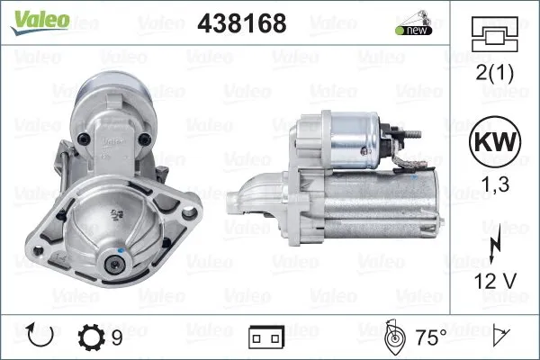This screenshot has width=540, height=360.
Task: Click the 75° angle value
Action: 429,337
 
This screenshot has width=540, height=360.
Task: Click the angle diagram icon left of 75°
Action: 392,337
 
